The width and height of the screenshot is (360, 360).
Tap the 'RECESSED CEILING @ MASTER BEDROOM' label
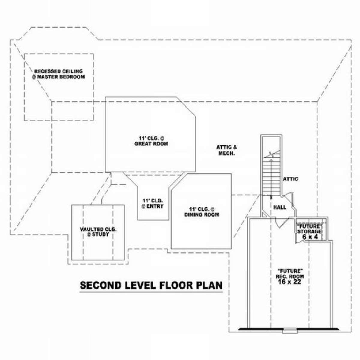click(x=58, y=74)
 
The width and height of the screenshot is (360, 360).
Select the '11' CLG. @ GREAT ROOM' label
click(x=151, y=141)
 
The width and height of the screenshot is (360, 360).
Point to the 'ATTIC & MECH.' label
click(x=226, y=150)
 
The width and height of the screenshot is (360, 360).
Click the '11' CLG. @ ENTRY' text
click(x=153, y=203)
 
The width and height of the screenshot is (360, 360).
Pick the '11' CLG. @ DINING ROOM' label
click(x=202, y=212)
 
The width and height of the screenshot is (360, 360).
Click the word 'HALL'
click(x=280, y=207)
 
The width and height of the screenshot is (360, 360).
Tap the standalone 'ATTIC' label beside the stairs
click(x=291, y=179)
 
